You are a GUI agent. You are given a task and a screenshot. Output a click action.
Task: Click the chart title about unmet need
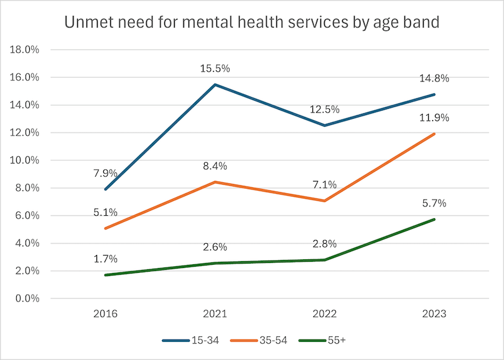[x=252, y=23]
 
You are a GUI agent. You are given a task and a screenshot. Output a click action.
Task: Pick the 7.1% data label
[x=324, y=184]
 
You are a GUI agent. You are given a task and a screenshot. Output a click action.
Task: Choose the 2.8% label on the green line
[x=324, y=244]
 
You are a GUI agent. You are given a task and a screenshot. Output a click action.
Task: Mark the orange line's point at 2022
[x=324, y=201]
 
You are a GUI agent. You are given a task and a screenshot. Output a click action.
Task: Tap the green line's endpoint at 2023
[x=434, y=219]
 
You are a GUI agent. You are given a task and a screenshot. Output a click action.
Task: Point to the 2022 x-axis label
[x=324, y=314]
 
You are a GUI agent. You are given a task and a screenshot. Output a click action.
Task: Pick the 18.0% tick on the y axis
[x=23, y=50]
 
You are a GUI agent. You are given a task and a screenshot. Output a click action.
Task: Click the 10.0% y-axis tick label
[x=23, y=160]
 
